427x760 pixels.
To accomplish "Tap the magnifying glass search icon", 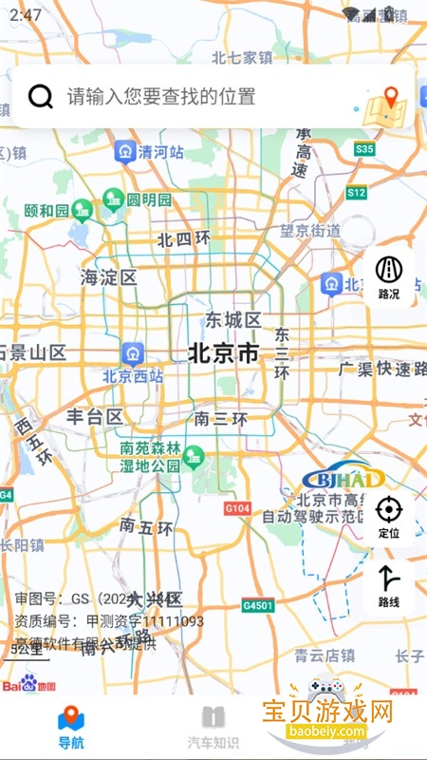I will (x=41, y=96).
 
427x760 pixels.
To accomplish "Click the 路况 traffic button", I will (x=388, y=276).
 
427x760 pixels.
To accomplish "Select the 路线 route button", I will (x=388, y=585).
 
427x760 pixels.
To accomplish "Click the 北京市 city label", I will (x=224, y=353).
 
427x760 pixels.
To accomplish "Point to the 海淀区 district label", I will (x=109, y=277).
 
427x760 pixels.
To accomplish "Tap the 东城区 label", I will (x=233, y=320).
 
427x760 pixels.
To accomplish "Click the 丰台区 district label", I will (x=95, y=417).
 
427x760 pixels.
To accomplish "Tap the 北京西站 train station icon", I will (x=132, y=354).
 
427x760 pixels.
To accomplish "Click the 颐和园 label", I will (x=46, y=210).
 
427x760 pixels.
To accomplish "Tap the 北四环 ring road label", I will (x=183, y=239).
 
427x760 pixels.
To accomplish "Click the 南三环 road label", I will (x=220, y=418).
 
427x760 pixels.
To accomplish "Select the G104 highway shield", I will (x=237, y=509).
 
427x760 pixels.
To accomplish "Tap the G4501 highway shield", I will (x=257, y=605).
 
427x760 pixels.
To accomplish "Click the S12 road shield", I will (x=356, y=193).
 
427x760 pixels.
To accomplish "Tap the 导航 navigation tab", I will (x=71, y=727).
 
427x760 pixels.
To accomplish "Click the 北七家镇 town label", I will (x=242, y=57).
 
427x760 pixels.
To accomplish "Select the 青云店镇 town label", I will (x=325, y=655).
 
